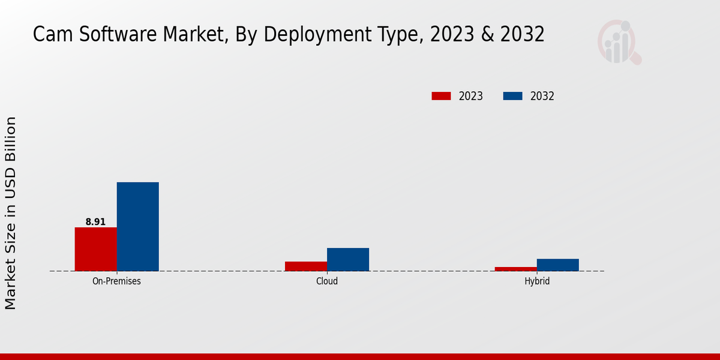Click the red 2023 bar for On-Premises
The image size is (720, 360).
pos(95,249)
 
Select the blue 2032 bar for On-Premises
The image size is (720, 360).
pos(137,226)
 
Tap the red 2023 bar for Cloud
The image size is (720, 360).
pos(305,266)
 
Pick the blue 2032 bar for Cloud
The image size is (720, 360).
pos(347,259)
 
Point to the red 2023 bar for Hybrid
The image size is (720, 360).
pos(515,269)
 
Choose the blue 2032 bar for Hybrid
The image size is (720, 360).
pos(557,265)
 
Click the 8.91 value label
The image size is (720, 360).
pos(95,222)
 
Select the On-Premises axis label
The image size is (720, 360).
pos(116,281)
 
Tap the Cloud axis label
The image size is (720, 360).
pos(326,281)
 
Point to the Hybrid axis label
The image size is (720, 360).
pos(536,281)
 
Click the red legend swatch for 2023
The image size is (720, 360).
pos(441,96)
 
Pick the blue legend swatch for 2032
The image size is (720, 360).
pos(512,96)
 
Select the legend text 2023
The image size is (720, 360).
pos(471,96)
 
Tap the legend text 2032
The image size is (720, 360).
pos(542,96)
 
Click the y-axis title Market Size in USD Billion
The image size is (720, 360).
pos(11,213)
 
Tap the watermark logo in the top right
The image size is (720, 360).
pos(619,42)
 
